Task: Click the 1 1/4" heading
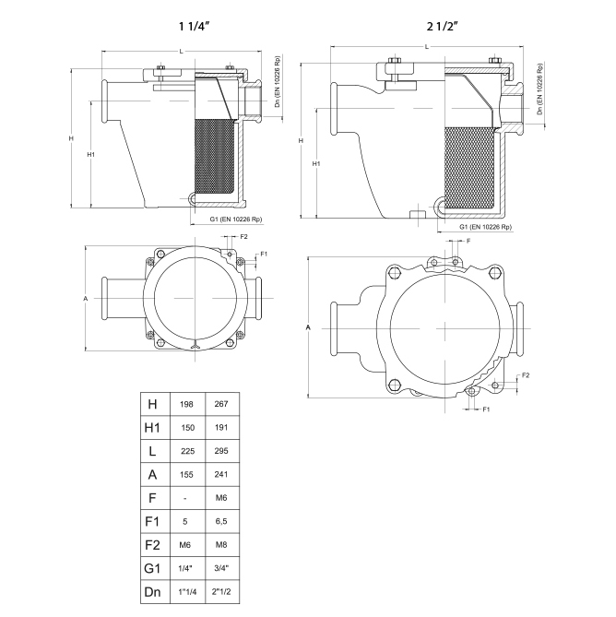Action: (x=195, y=27)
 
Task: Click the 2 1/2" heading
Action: (x=443, y=27)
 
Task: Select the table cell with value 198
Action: (x=186, y=404)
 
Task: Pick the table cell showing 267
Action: (x=221, y=404)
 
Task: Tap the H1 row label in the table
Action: (x=152, y=427)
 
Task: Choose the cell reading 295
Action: (x=221, y=451)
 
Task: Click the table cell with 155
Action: (x=186, y=475)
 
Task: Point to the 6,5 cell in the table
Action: (x=221, y=521)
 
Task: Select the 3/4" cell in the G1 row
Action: (x=221, y=568)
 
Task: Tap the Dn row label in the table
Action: (x=152, y=591)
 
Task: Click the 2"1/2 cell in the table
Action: (x=221, y=591)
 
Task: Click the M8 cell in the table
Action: (x=221, y=545)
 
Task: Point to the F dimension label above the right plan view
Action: (x=468, y=241)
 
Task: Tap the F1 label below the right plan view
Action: (x=486, y=409)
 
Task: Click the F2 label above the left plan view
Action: (x=243, y=236)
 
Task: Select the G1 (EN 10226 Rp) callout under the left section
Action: (x=236, y=220)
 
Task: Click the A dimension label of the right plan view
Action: (x=308, y=327)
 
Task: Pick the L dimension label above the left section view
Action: (x=182, y=52)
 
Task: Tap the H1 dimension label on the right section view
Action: (x=316, y=163)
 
